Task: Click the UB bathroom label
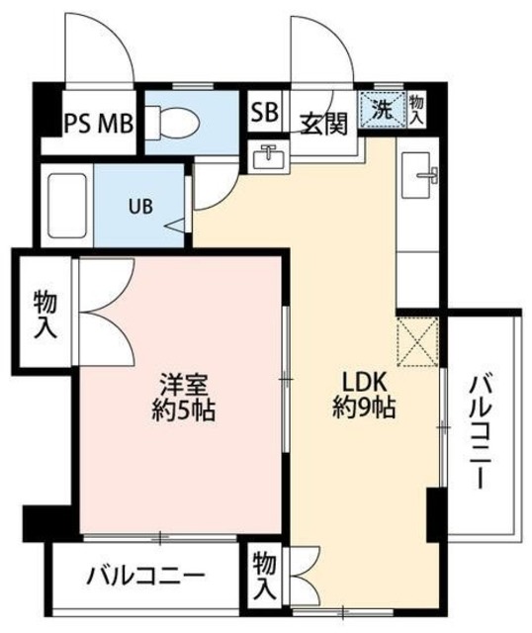click(x=138, y=208)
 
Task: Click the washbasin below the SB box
click(x=268, y=158)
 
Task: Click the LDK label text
click(x=362, y=383)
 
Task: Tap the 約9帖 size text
click(x=363, y=407)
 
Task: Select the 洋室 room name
click(x=183, y=383)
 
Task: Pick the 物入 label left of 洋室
click(x=44, y=313)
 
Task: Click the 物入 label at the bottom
click(x=262, y=577)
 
